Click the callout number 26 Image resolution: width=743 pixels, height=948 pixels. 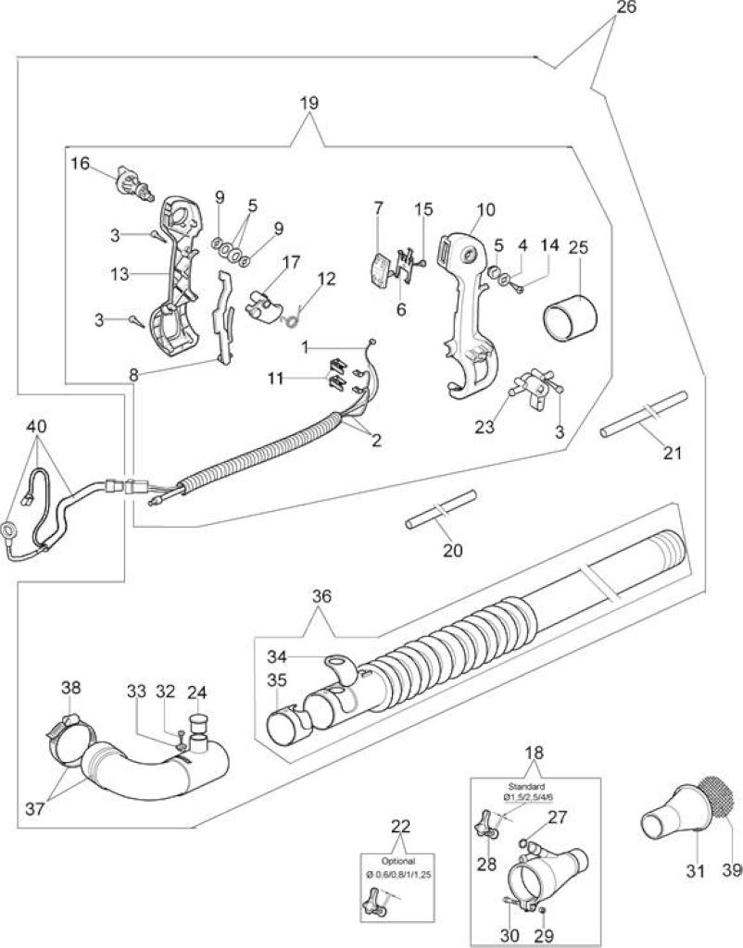[627, 9]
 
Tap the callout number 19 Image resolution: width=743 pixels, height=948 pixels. [309, 103]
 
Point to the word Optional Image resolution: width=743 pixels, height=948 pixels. [398, 861]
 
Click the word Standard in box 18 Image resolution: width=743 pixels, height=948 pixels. [526, 787]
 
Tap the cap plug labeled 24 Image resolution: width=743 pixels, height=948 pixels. [199, 730]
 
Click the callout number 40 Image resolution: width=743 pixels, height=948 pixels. [36, 426]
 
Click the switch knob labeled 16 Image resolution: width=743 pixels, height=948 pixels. [135, 182]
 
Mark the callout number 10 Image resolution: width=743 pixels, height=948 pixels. [485, 209]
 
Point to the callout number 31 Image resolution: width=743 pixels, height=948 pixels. [696, 870]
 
